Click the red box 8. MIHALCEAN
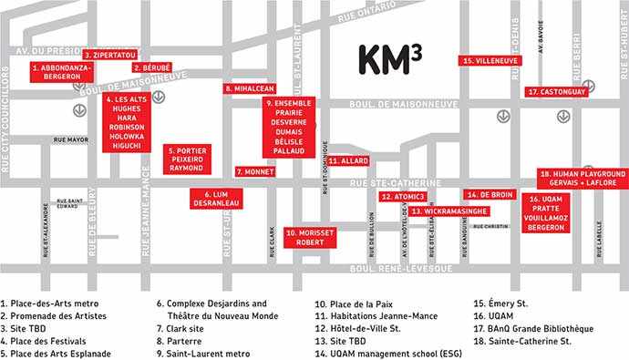250,88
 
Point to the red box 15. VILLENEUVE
491,61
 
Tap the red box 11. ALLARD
347,160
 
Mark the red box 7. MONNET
255,170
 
